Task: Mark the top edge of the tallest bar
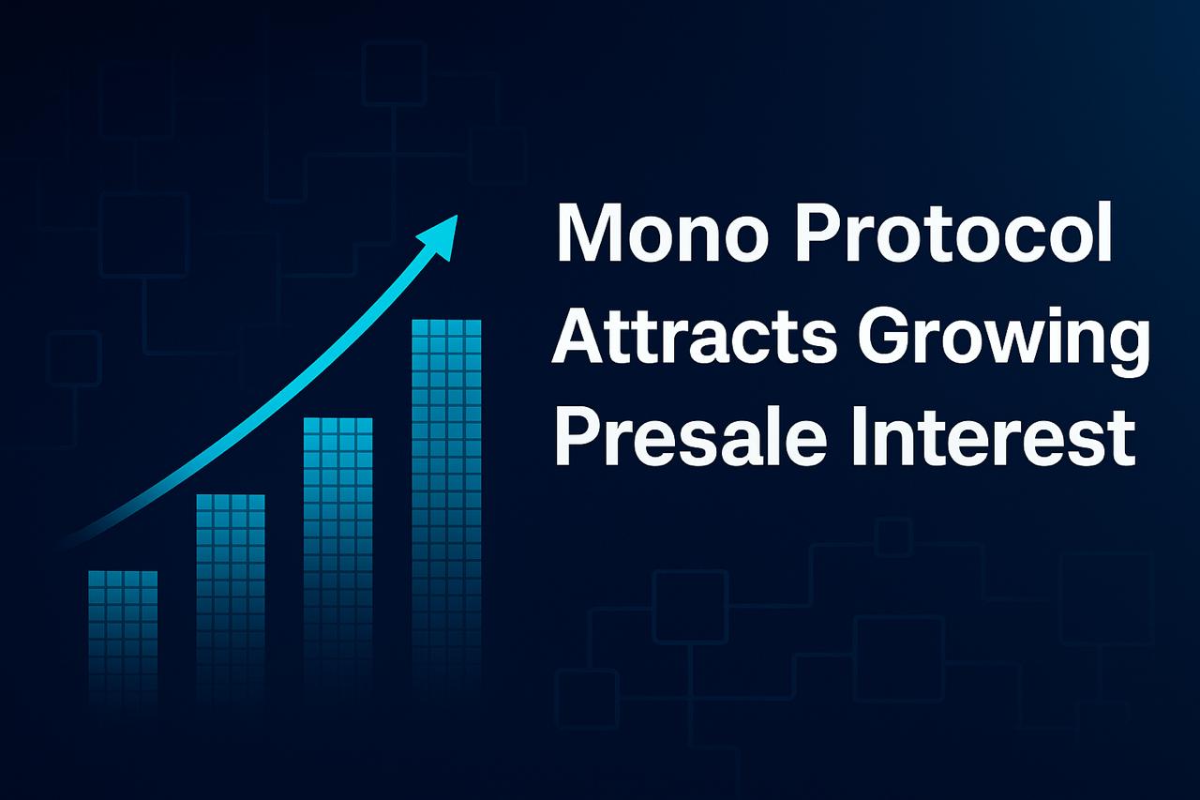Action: point(446,321)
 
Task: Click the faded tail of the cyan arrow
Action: point(75,537)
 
